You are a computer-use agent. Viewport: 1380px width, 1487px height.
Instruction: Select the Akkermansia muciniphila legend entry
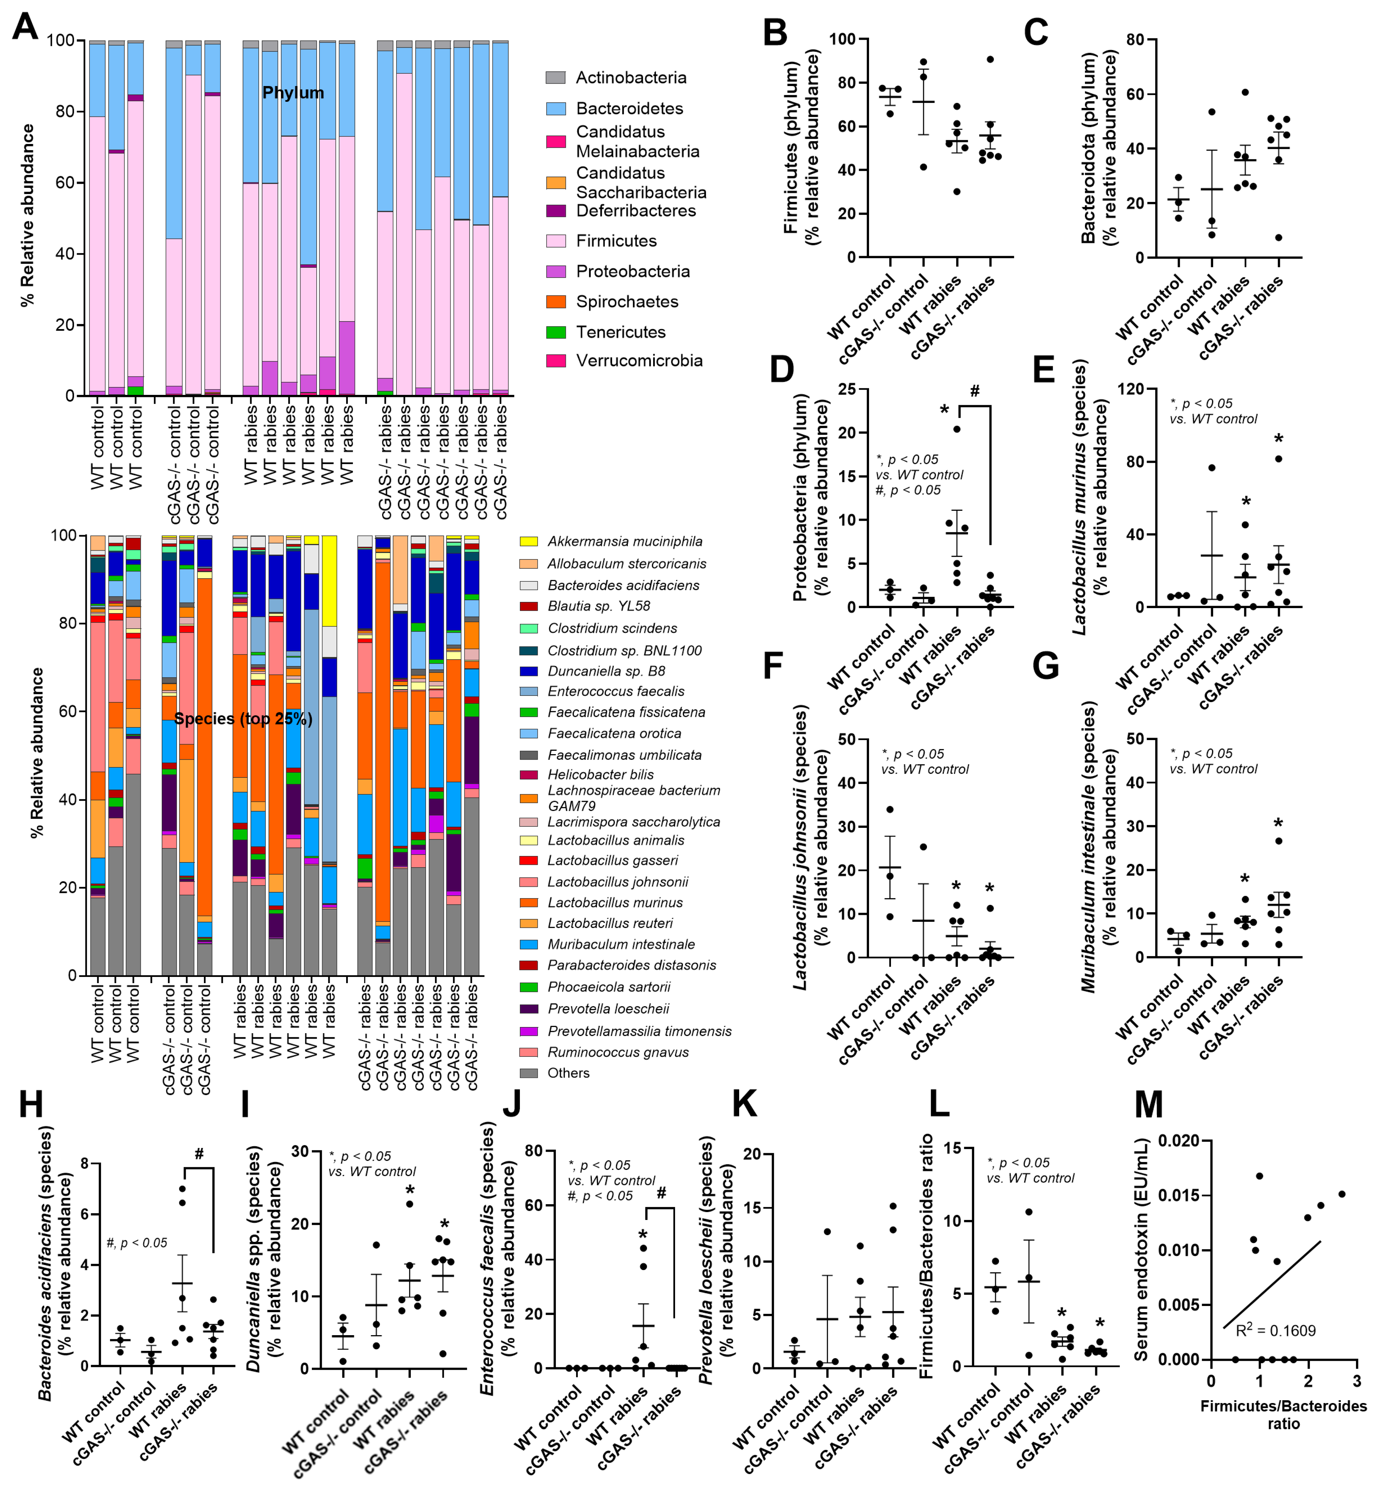pyautogui.click(x=624, y=542)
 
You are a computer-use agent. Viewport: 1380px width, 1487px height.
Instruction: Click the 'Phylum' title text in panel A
pyautogui.click(x=293, y=93)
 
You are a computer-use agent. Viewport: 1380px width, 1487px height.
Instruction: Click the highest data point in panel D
pyautogui.click(x=956, y=429)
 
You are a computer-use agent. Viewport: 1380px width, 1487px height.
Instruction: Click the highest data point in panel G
pyautogui.click(x=1279, y=841)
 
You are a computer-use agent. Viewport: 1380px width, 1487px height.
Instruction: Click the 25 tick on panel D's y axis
pyautogui.click(x=846, y=389)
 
